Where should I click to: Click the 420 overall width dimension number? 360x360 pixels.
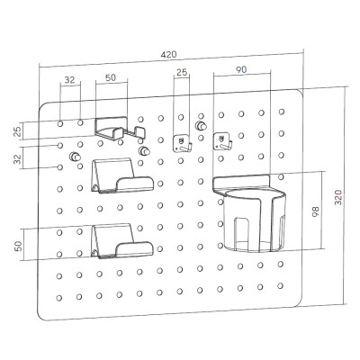[x=168, y=55]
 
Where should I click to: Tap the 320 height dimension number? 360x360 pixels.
[x=338, y=197]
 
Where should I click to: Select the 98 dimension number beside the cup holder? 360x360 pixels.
[x=315, y=211]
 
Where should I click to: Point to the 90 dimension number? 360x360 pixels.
[x=241, y=69]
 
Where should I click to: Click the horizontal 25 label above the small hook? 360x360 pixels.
[x=182, y=72]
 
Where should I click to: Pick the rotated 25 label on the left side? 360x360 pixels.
[x=18, y=131]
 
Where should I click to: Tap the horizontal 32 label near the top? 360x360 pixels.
[x=69, y=80]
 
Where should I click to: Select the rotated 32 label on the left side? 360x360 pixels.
[x=18, y=158]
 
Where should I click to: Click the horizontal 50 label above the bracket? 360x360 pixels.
[x=111, y=77]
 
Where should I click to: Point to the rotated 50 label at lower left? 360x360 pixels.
[x=18, y=246]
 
